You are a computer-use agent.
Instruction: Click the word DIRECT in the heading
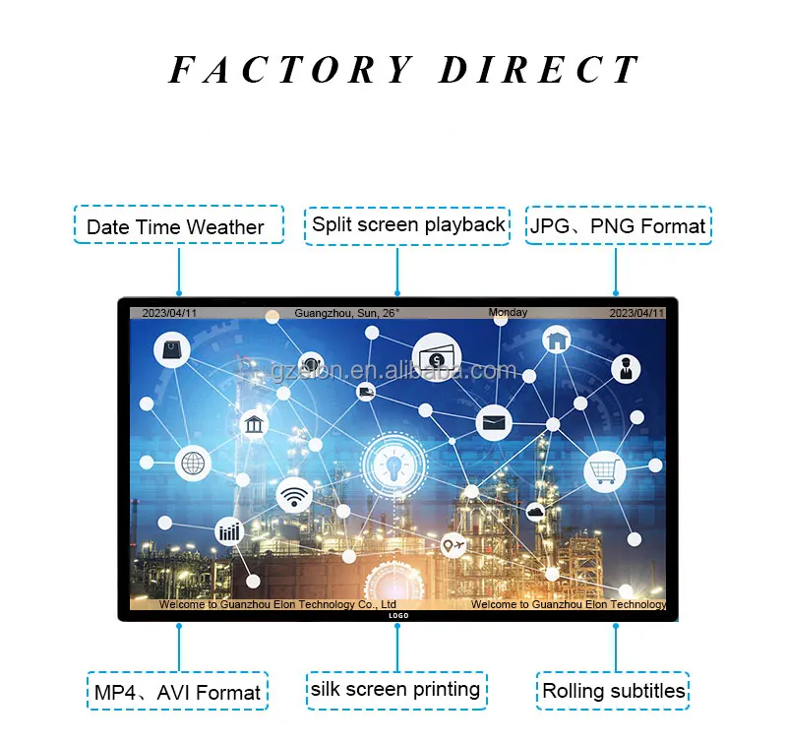click(x=539, y=71)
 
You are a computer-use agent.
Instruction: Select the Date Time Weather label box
click(x=178, y=225)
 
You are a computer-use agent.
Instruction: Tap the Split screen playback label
click(x=408, y=223)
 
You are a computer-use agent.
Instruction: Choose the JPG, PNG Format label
click(x=618, y=225)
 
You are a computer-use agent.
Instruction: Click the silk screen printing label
click(x=395, y=689)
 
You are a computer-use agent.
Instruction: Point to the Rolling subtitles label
click(x=613, y=690)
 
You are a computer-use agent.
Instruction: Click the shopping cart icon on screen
click(x=604, y=470)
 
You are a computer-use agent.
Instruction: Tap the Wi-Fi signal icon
click(x=294, y=496)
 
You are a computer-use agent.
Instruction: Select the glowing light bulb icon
click(x=393, y=462)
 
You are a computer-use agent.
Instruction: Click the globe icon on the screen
click(x=193, y=462)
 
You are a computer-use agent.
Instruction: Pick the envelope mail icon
click(x=494, y=424)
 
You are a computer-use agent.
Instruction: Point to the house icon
click(x=557, y=341)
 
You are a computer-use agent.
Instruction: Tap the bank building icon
click(x=255, y=425)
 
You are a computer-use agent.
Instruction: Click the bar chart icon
click(x=229, y=532)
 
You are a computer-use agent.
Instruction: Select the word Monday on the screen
click(x=508, y=313)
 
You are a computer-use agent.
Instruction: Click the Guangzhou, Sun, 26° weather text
click(x=346, y=314)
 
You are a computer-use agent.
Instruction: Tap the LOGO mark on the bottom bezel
click(x=397, y=615)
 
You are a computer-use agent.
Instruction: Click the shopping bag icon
click(x=173, y=347)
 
